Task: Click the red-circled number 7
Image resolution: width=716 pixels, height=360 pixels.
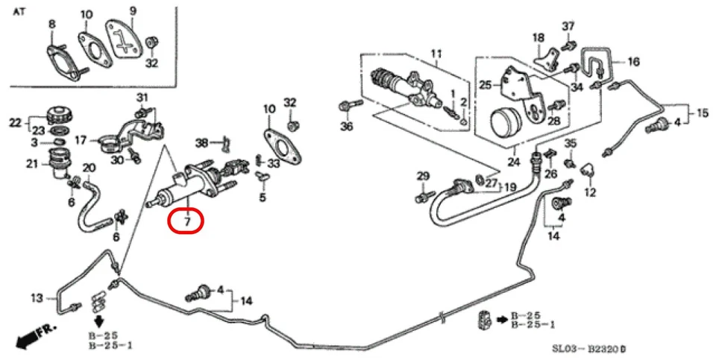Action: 187,221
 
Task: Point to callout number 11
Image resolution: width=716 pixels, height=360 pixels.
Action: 436,54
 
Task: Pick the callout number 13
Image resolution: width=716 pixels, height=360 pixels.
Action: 37,300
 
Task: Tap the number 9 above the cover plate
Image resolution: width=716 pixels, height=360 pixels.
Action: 133,10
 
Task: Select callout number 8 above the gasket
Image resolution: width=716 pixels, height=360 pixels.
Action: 52,25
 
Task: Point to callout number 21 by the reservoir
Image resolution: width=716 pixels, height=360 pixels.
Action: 32,164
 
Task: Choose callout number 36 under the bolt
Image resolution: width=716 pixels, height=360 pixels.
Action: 347,126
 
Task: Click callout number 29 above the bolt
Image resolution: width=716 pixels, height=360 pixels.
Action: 423,176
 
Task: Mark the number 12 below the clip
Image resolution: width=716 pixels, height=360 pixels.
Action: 590,192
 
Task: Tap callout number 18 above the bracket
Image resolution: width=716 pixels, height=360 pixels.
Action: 538,37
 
